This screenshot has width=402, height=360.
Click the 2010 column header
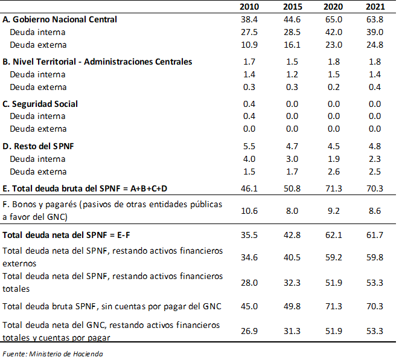click(248, 7)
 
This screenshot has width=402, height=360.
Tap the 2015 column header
click(291, 7)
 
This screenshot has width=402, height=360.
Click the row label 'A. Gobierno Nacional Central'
click(60, 19)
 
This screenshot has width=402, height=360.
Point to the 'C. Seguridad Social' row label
click(40, 104)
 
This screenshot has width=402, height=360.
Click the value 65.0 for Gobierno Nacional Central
click(333, 19)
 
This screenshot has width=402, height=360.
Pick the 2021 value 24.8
click(374, 45)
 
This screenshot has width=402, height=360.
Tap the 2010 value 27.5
click(248, 32)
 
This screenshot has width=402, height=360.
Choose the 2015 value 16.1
click(291, 45)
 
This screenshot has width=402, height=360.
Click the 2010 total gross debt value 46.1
click(248, 189)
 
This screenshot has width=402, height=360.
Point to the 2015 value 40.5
click(291, 257)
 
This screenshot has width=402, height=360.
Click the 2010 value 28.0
click(248, 283)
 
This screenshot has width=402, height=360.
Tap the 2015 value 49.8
click(291, 306)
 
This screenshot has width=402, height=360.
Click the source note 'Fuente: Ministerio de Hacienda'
click(53, 353)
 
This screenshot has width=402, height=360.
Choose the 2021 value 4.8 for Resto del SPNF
click(374, 146)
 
